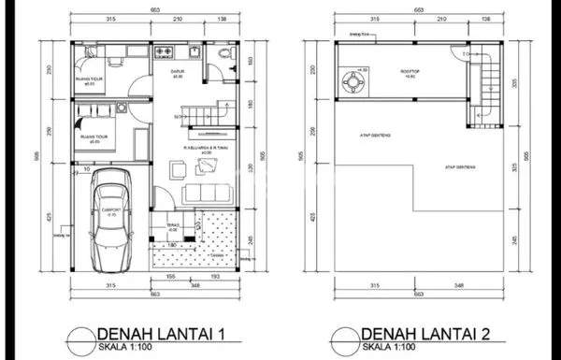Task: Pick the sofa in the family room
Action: pos(203,192)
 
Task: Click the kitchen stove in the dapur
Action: pos(165,50)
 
